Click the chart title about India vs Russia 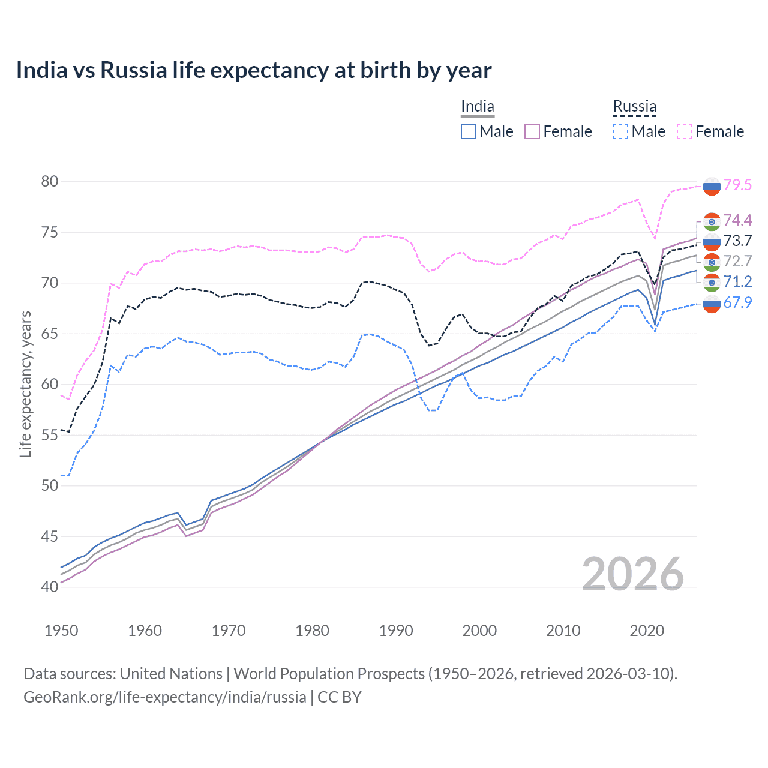click(x=254, y=70)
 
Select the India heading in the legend click(x=478, y=107)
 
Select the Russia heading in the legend click(x=634, y=107)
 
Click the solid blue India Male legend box click(x=469, y=131)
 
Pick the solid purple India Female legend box click(x=532, y=131)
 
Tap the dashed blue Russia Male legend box click(x=620, y=131)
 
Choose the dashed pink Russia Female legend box click(x=685, y=131)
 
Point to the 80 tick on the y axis click(x=50, y=181)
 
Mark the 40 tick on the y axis click(x=50, y=587)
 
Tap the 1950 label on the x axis click(x=61, y=631)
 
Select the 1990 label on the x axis click(x=396, y=631)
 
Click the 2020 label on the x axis click(x=647, y=631)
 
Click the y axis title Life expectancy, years click(x=26, y=384)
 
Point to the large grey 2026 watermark click(x=633, y=574)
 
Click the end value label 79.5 click(x=737, y=185)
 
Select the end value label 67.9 click(x=737, y=302)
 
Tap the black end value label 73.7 click(x=737, y=241)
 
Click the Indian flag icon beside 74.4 click(x=712, y=221)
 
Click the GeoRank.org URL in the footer click(x=165, y=697)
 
